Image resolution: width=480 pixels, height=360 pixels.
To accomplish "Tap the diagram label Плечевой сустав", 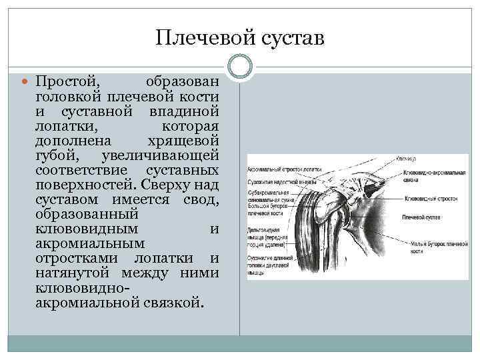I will click(420, 217).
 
